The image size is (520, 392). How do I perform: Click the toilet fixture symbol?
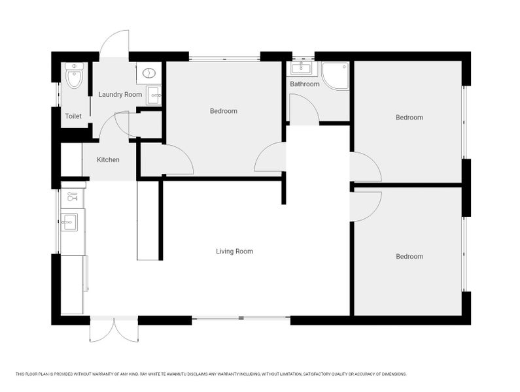pyautogui.click(x=74, y=76)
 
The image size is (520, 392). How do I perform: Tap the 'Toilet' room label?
pyautogui.click(x=73, y=116)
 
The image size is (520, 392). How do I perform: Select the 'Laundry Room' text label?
pyautogui.click(x=120, y=95)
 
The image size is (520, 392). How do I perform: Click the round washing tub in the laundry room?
pyautogui.click(x=149, y=74)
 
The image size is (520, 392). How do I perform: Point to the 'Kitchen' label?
pyautogui.click(x=108, y=159)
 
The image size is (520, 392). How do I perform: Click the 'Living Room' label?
pyautogui.click(x=234, y=251)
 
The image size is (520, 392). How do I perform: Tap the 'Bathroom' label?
pyautogui.click(x=305, y=84)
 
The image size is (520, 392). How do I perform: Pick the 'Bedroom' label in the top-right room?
pyautogui.click(x=409, y=118)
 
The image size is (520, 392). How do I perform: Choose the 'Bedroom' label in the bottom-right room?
pyautogui.click(x=409, y=257)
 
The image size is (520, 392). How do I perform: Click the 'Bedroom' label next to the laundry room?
pyautogui.click(x=223, y=111)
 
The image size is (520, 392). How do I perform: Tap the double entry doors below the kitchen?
pyautogui.click(x=114, y=330)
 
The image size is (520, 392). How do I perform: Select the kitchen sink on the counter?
pyautogui.click(x=69, y=221)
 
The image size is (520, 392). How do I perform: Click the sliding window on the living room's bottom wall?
pyautogui.click(x=241, y=319)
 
